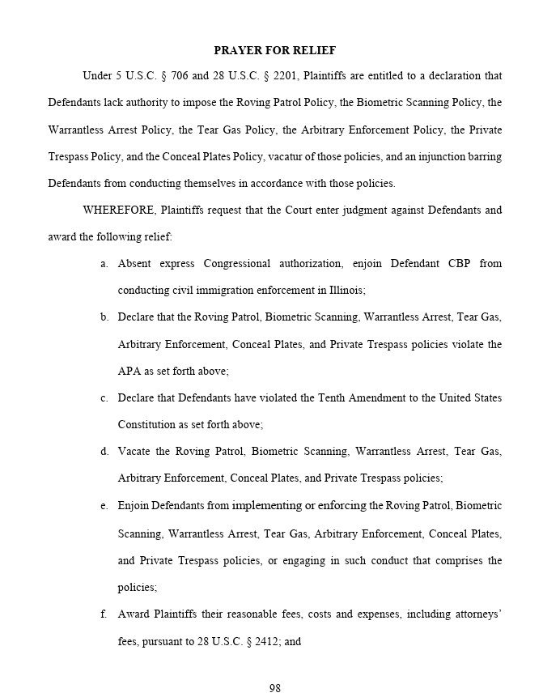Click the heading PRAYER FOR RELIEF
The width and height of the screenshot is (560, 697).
tap(274, 50)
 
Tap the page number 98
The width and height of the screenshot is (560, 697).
tap(274, 688)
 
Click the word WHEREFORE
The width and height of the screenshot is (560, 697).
tap(119, 210)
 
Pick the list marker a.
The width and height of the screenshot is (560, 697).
tap(104, 264)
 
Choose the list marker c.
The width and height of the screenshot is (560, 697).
tap(104, 398)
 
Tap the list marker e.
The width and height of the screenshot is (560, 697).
tap(104, 506)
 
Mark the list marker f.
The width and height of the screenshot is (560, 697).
tap(104, 614)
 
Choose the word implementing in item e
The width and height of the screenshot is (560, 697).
tap(266, 506)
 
